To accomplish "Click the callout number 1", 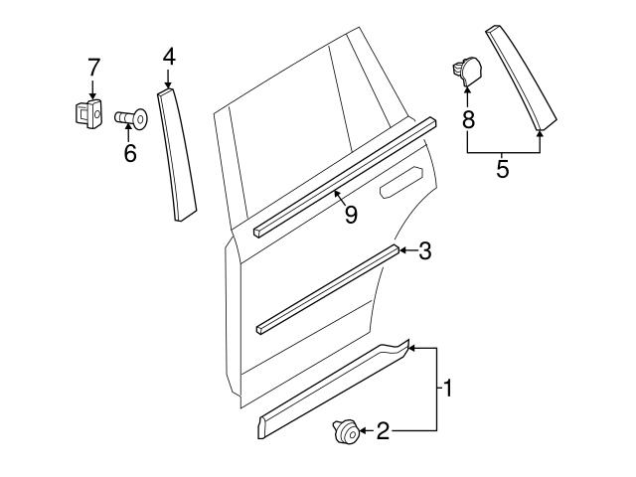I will tap(448, 389).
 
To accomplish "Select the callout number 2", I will tap(383, 430).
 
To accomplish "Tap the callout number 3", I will tap(424, 251).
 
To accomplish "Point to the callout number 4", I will tap(169, 58).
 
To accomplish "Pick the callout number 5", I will tap(503, 169).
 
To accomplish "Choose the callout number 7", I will tap(93, 68).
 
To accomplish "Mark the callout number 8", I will tap(468, 120).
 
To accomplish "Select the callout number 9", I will tap(350, 214).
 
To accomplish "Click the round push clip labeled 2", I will tap(344, 432).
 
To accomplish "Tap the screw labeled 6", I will tap(130, 119).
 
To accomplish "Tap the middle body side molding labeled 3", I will tap(328, 288).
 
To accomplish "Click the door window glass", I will tap(288, 149).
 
